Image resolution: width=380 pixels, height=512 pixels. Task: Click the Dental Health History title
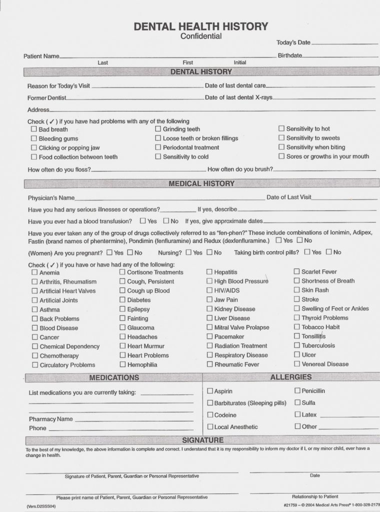[201, 26]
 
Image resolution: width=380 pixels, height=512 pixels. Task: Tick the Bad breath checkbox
[34, 129]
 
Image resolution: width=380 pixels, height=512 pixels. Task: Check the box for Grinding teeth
[158, 129]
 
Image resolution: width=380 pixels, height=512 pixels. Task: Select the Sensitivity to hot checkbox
[281, 128]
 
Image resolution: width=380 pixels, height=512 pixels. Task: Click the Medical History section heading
[201, 183]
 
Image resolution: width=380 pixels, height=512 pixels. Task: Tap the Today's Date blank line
[344, 44]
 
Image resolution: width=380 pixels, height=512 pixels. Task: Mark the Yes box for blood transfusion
[143, 220]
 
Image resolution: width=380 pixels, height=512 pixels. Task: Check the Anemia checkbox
[35, 272]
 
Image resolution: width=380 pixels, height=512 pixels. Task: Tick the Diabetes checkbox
[122, 300]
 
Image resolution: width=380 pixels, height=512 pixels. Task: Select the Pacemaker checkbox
[210, 336]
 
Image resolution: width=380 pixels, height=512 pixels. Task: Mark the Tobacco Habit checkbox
[297, 327]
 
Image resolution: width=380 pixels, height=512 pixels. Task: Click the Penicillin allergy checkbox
[297, 390]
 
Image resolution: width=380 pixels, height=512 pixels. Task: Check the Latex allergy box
[297, 414]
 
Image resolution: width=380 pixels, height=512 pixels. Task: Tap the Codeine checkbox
[210, 415]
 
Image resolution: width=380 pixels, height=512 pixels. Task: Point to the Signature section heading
[202, 440]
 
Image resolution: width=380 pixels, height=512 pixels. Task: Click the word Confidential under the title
[201, 36]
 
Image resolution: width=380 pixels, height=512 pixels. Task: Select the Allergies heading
[291, 377]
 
